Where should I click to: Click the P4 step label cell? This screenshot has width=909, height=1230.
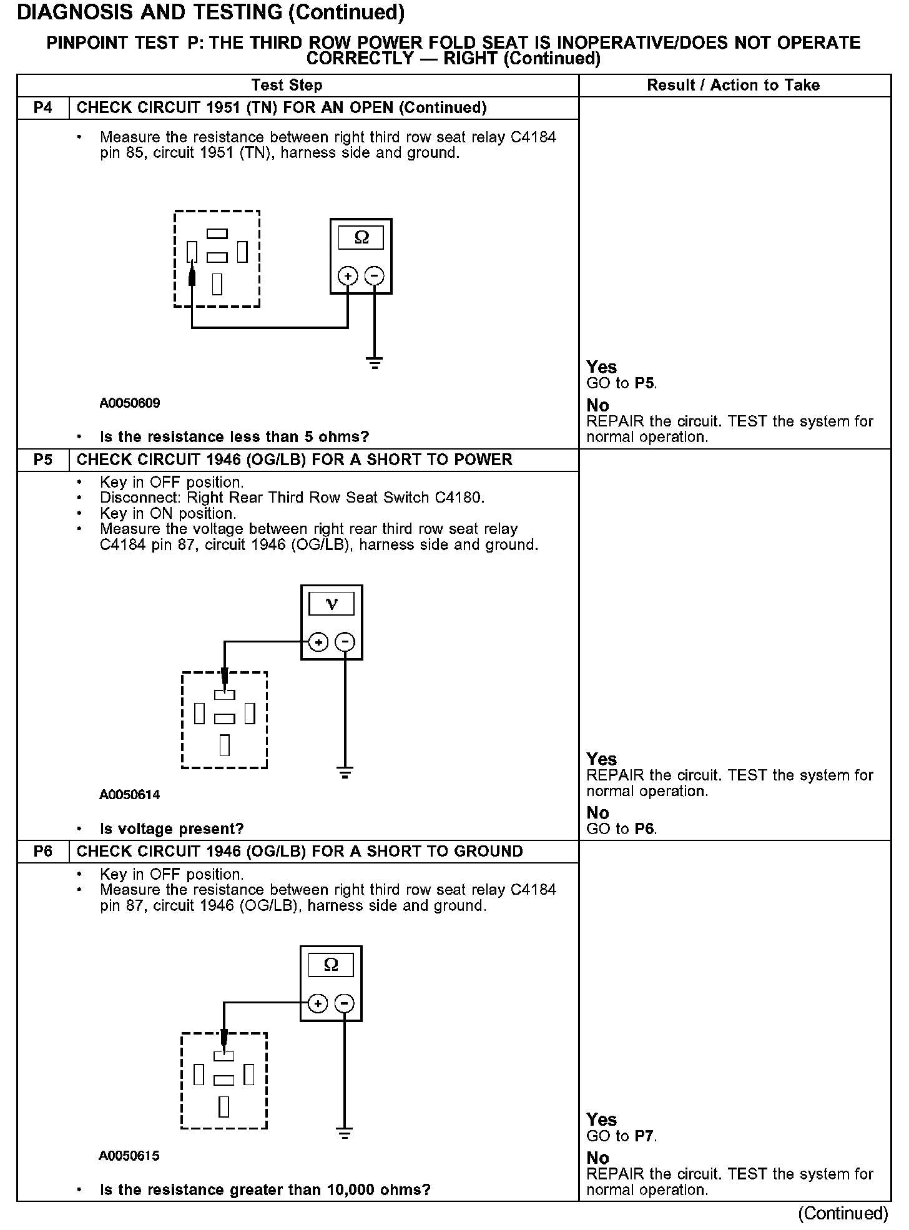[x=42, y=108]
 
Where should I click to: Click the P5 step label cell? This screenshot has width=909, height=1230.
[x=42, y=460]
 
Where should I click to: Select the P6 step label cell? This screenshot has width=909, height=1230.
[x=42, y=852]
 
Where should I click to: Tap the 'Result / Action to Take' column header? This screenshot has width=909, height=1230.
[x=734, y=86]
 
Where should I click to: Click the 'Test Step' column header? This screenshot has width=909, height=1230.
[x=287, y=86]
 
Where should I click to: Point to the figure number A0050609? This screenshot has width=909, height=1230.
[x=130, y=403]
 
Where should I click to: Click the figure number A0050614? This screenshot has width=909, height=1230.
[x=130, y=795]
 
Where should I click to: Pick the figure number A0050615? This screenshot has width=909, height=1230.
[x=129, y=1156]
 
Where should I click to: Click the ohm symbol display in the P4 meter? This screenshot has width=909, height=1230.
[x=361, y=238]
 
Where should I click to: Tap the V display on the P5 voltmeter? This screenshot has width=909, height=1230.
[x=332, y=604]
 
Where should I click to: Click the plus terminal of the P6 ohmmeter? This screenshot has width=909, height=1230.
[x=318, y=1003]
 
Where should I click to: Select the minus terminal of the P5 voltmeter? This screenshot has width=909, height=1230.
[x=345, y=642]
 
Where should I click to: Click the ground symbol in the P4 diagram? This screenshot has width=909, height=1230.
[x=375, y=363]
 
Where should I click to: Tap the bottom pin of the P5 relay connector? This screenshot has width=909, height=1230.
[x=225, y=745]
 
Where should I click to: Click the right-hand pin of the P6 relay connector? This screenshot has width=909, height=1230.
[x=249, y=1075]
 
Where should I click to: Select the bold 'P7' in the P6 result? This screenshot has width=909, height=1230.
[x=645, y=1136]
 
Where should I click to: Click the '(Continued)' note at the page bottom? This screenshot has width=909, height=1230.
[x=842, y=1213]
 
